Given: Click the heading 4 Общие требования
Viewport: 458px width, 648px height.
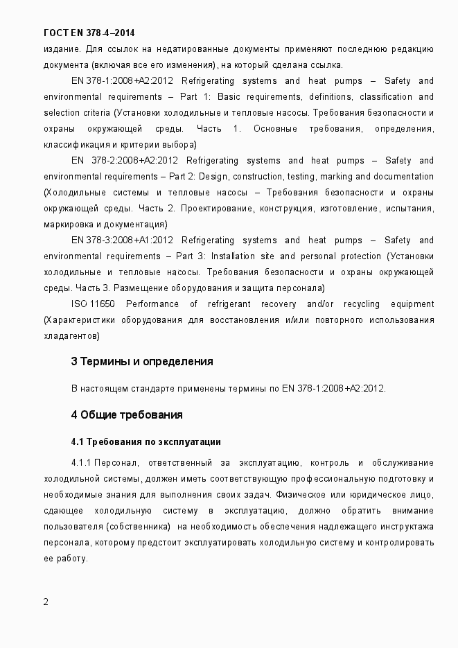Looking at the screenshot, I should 127,414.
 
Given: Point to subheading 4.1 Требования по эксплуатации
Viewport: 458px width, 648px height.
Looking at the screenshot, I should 146,441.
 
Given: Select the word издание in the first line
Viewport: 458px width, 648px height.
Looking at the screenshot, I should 62,49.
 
